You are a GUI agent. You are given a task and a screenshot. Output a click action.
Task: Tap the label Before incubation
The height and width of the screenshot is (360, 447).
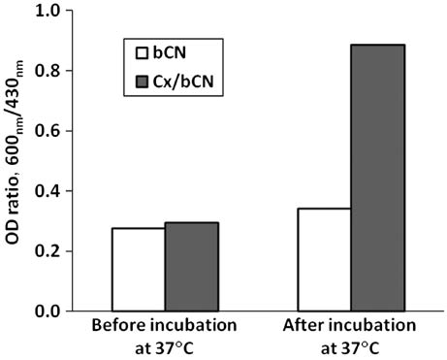pyautogui.click(x=166, y=328)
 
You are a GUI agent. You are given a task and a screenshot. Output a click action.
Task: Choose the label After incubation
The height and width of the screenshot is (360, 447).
pyautogui.click(x=352, y=328)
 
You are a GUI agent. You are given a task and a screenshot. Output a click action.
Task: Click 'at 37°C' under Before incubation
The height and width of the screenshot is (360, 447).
pyautogui.click(x=166, y=347)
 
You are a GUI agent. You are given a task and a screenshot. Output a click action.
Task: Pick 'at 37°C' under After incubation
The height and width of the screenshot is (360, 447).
pyautogui.click(x=352, y=347)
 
